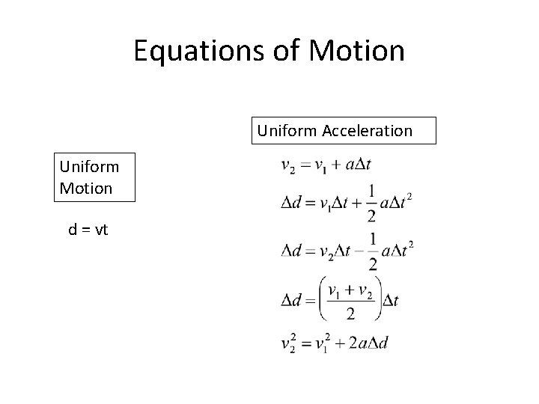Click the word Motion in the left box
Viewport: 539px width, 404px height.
point(86,188)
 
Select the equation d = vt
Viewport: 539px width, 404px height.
point(88,230)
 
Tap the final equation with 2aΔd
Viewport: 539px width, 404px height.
point(335,344)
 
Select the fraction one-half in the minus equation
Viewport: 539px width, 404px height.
point(372,249)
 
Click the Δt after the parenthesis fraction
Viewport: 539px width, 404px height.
point(390,301)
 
